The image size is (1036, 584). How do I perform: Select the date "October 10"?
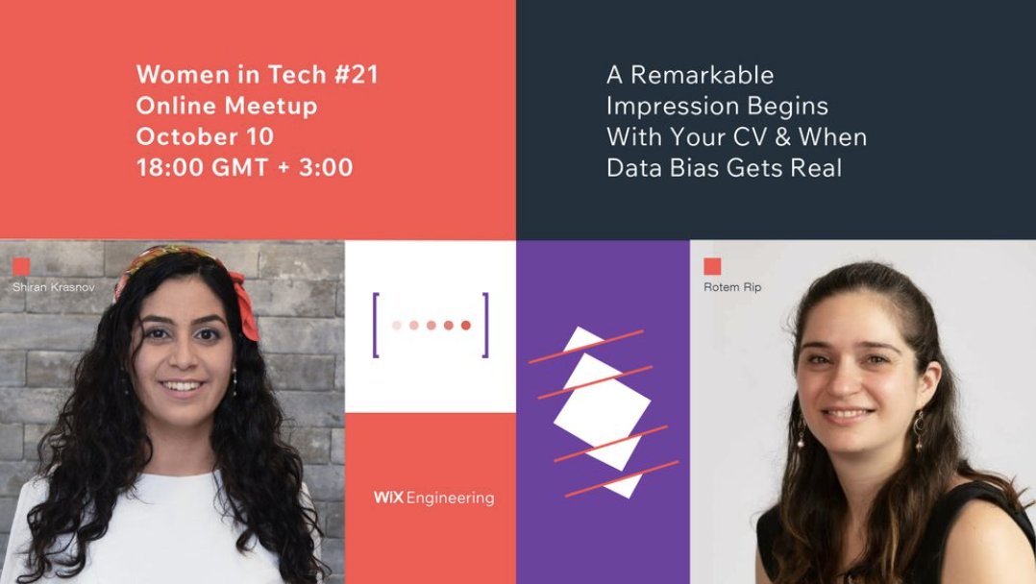tap(205, 136)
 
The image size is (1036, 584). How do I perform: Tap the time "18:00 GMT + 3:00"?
tap(244, 168)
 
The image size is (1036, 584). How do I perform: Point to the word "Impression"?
tap(677, 106)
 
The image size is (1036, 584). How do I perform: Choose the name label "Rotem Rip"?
tap(732, 286)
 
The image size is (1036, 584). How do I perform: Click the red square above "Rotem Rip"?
tap(712, 266)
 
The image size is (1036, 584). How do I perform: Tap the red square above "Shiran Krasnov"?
tap(21, 266)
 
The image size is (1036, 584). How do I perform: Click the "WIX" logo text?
tap(388, 498)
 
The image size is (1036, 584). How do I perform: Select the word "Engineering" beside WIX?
tap(450, 499)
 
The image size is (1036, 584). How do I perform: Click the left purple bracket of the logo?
tap(376, 326)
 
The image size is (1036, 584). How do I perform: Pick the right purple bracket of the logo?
tap(484, 326)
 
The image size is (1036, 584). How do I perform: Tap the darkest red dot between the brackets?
tap(466, 326)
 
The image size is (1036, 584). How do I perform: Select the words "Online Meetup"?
tap(227, 106)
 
